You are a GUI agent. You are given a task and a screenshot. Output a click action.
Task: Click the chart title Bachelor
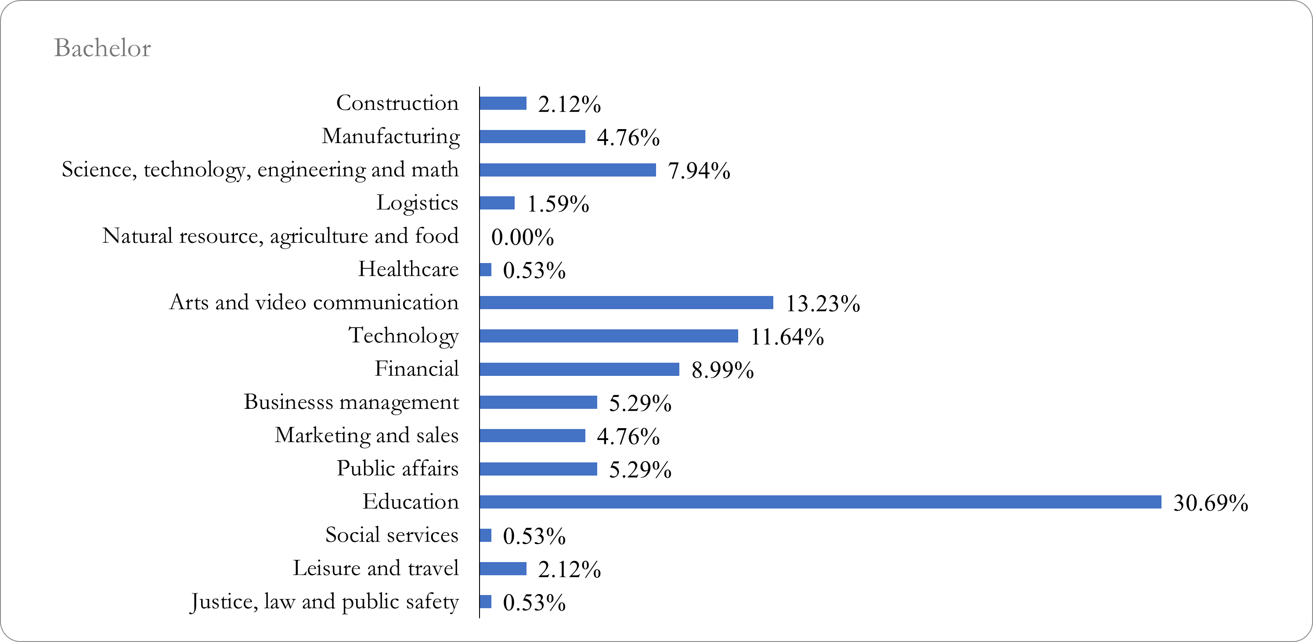(102, 48)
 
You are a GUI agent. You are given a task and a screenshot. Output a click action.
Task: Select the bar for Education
(820, 502)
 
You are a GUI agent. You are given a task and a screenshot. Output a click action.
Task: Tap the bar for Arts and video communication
(626, 303)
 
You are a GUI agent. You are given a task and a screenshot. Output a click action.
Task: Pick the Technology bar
(609, 336)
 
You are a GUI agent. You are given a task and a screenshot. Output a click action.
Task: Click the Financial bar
(579, 369)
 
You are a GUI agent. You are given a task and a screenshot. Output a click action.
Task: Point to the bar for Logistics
(497, 203)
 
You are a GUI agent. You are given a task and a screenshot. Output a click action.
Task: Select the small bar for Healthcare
(486, 270)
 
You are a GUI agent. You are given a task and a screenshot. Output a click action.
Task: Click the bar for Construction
(502, 104)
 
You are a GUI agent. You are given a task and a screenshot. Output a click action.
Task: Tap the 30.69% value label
(1211, 503)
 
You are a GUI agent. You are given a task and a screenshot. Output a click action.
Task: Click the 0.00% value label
(523, 238)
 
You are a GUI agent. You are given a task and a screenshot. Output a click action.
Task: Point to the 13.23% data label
(822, 304)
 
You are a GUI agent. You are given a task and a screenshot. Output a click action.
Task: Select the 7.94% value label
(699, 171)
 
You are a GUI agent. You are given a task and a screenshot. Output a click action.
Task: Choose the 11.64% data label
(787, 337)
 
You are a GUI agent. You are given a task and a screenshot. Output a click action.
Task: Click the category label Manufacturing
(391, 137)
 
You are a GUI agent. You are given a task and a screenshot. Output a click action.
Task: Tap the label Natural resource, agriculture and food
(280, 236)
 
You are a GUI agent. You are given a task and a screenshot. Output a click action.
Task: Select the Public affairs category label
(397, 468)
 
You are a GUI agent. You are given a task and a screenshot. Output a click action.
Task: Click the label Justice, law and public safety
(324, 602)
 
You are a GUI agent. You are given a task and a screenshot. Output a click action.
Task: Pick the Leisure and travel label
(375, 568)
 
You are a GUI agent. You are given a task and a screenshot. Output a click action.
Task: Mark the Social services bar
(486, 535)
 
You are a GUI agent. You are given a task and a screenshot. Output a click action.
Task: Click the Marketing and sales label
(367, 435)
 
